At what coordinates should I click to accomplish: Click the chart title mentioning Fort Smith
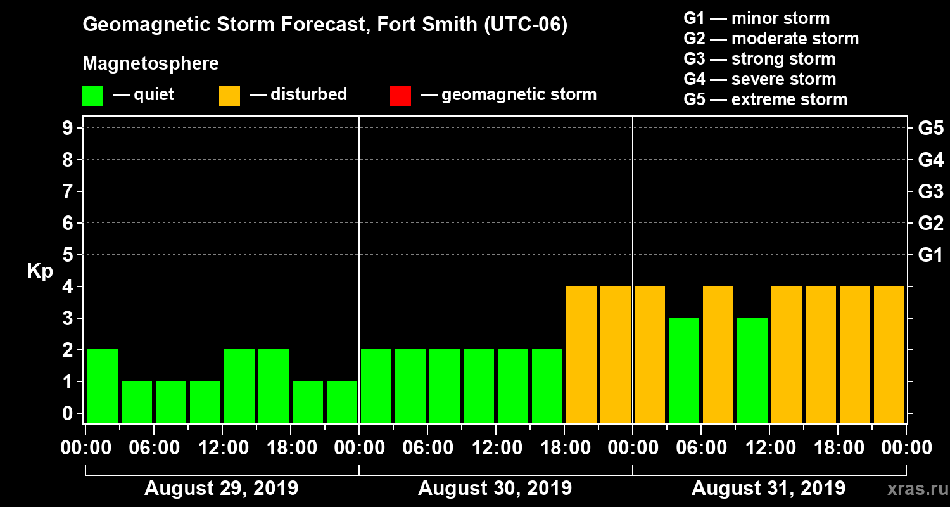pos(325,25)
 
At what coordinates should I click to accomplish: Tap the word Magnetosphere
pos(151,64)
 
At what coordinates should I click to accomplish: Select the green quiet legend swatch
pos(92,96)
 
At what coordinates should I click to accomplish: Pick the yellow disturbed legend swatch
pos(229,96)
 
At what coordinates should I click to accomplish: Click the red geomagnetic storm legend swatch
pos(400,96)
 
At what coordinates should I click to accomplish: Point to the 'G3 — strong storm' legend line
pos(759,59)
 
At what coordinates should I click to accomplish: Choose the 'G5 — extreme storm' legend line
pos(765,99)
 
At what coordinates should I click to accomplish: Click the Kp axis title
pos(40,271)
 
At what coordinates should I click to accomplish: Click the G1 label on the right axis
pos(930,255)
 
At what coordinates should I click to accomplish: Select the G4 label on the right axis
pos(930,160)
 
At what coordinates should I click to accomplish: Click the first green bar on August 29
pos(103,385)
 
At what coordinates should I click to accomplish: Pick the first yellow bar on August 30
pos(581,354)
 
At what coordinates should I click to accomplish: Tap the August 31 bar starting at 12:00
pos(787,354)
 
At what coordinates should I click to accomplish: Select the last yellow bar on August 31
pos(889,354)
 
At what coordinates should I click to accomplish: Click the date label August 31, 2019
pos(768,489)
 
